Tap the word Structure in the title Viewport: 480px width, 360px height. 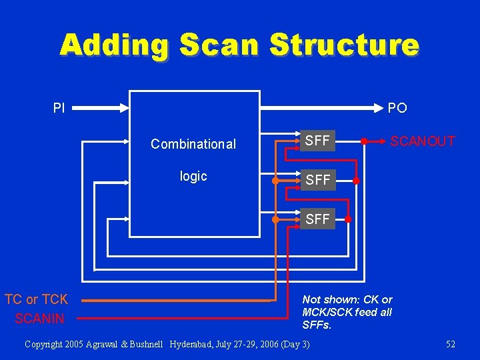(344, 45)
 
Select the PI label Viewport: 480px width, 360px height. (59, 107)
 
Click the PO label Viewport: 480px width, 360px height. (397, 107)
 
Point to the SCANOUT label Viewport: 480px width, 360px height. (423, 141)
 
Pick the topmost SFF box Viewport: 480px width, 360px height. (317, 141)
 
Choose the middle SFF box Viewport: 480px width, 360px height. (317, 180)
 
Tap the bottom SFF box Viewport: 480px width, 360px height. (317, 219)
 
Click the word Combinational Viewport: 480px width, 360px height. (193, 144)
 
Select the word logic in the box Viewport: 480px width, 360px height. (193, 176)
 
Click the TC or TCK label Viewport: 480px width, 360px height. (37, 300)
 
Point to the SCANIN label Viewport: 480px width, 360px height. (40, 319)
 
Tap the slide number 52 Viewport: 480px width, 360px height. (451, 344)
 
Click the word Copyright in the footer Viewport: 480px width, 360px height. (45, 344)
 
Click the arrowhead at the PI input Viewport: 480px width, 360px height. (125, 107)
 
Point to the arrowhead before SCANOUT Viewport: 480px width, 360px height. (384, 141)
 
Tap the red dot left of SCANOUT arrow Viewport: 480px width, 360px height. (363, 141)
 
